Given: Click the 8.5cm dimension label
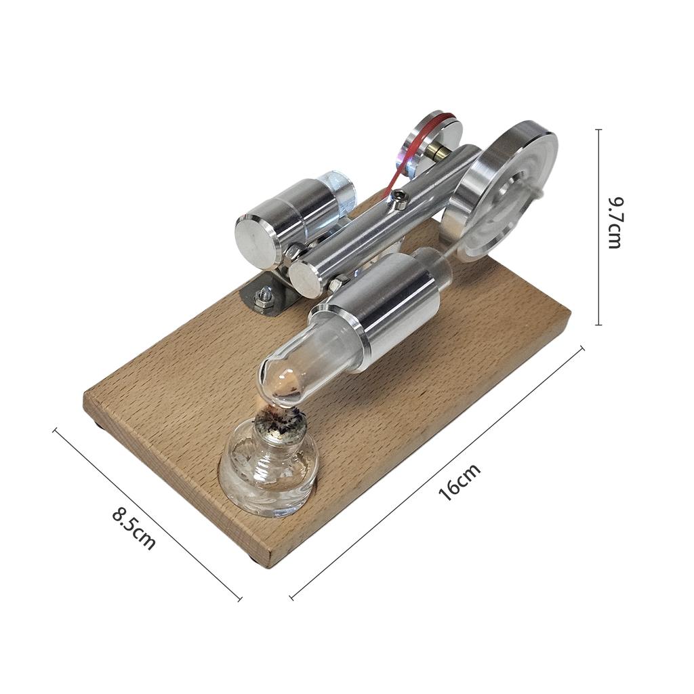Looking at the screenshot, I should [134, 529].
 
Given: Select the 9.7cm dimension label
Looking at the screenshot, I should [614, 223].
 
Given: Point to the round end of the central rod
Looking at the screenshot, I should [306, 277].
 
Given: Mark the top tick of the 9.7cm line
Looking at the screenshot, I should [598, 130].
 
